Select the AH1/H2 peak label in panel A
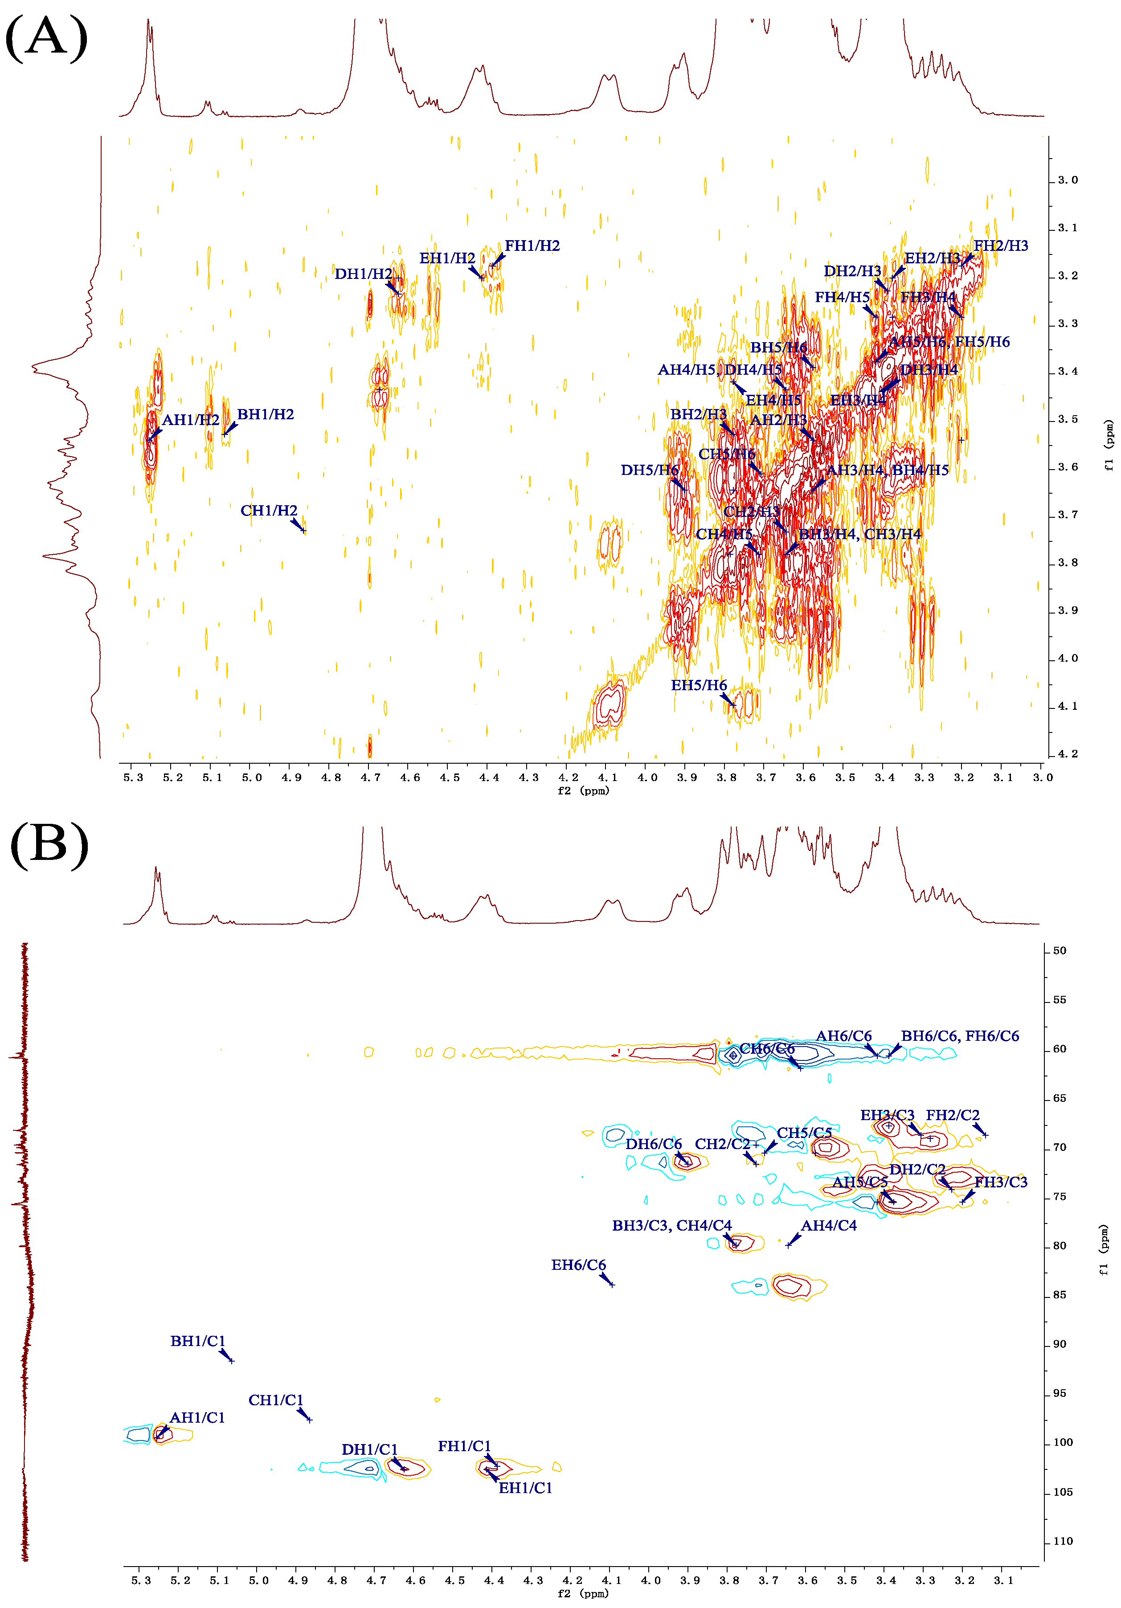(x=190, y=420)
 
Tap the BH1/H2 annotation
(x=266, y=415)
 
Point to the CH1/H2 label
(x=269, y=511)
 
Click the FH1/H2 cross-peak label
(x=532, y=246)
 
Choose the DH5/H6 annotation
(x=649, y=470)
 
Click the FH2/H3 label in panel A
(x=1001, y=246)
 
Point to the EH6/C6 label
(x=578, y=1265)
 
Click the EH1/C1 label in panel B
(x=525, y=1488)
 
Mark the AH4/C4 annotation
(x=829, y=1226)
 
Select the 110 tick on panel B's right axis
(x=1063, y=1542)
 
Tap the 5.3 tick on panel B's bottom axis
(x=141, y=1581)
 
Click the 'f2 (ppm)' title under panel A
(x=583, y=791)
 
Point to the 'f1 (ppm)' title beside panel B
(x=1104, y=1251)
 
